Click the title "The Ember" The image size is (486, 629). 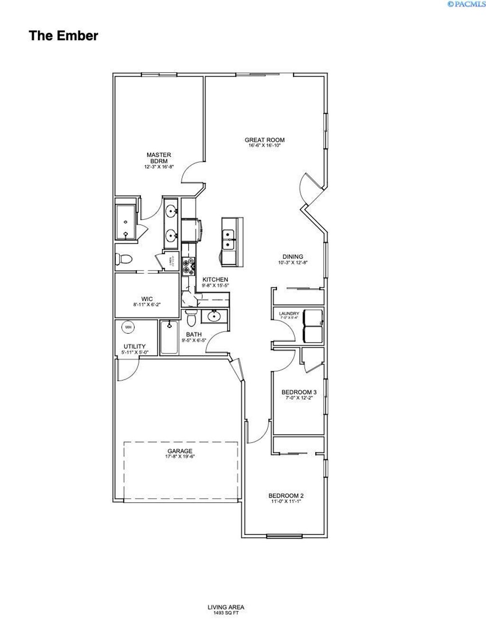[63, 36]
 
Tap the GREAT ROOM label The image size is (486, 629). [264, 140]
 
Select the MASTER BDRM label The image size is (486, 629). [159, 158]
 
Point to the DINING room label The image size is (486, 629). [293, 257]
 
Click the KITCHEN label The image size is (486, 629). [215, 280]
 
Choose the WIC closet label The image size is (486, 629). [147, 299]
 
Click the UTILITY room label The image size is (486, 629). [134, 346]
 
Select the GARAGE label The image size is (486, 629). [180, 451]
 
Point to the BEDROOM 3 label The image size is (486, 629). [299, 392]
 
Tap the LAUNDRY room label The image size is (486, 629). [289, 313]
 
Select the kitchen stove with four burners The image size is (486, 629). [189, 266]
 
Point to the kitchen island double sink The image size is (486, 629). [229, 239]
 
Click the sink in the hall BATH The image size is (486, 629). [214, 315]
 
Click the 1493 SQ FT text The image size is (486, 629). [225, 613]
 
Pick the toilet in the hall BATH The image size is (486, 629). [191, 319]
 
